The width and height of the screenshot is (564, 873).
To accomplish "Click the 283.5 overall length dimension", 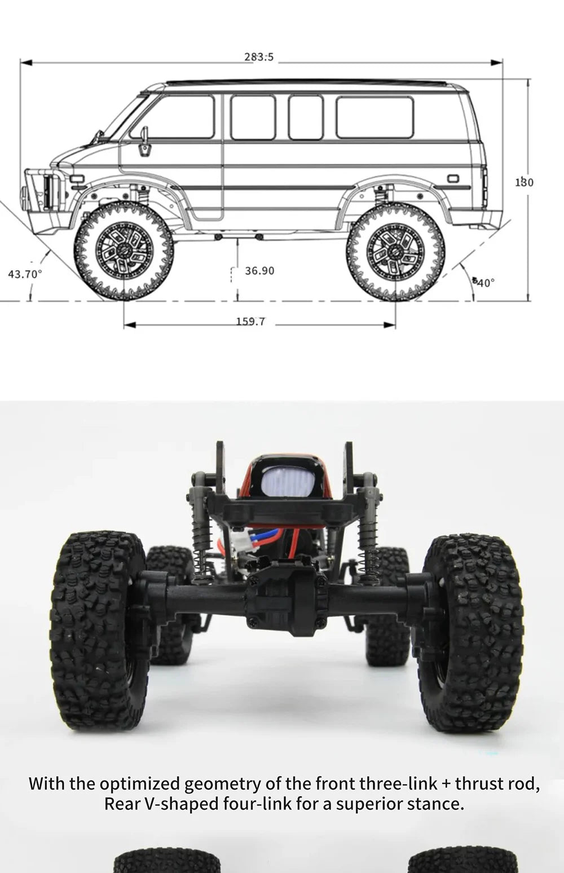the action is (259, 57).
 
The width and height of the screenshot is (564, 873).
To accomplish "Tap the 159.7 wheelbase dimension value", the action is (250, 321).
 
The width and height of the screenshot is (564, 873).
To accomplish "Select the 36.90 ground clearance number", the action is (259, 271).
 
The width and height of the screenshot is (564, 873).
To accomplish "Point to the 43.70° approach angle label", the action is (25, 274).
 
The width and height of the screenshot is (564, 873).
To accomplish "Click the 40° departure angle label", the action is (484, 282).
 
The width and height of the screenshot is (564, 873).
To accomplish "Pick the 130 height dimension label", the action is (525, 182).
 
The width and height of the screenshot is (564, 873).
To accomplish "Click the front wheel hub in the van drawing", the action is (124, 248).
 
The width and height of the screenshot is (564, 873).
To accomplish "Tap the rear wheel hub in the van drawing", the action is (395, 249).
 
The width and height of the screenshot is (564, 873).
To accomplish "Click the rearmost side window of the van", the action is (375, 117).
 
